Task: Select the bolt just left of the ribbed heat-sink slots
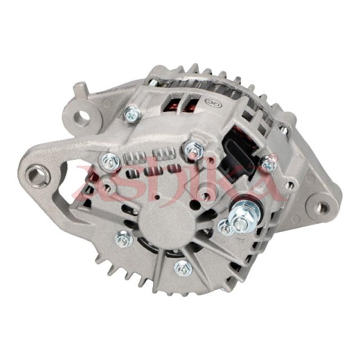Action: pyautogui.click(x=109, y=161)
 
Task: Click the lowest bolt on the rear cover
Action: pyautogui.click(x=183, y=268)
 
